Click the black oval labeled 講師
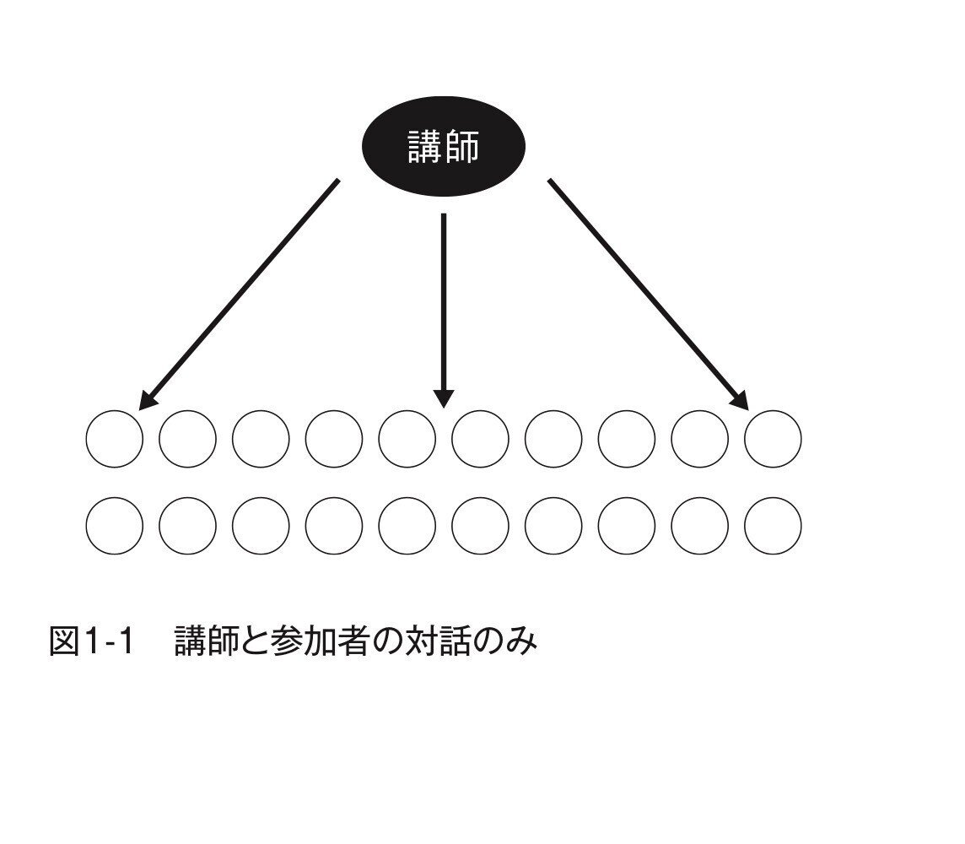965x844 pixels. pyautogui.click(x=444, y=147)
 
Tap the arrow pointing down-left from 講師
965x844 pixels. pyautogui.click(x=240, y=292)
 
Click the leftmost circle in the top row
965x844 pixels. pyautogui.click(x=115, y=439)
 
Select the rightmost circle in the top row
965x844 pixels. pyautogui.click(x=773, y=439)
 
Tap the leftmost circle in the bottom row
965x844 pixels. pyautogui.click(x=115, y=526)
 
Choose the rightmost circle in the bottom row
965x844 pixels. pyautogui.click(x=773, y=526)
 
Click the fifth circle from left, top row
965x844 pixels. pyautogui.click(x=407, y=439)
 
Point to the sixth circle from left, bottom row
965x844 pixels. pyautogui.click(x=480, y=526)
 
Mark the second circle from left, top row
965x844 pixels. pyautogui.click(x=187, y=439)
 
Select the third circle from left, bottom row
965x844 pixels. pyautogui.click(x=261, y=526)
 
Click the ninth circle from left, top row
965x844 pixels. pyautogui.click(x=699, y=439)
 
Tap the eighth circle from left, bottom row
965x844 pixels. pyautogui.click(x=627, y=526)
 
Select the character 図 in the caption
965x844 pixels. pyautogui.click(x=64, y=643)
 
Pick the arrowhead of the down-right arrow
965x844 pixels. pyautogui.click(x=740, y=399)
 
